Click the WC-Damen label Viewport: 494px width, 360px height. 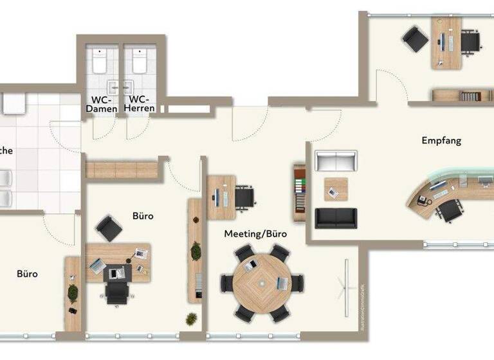(102, 105)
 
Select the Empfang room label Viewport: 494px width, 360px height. (441, 140)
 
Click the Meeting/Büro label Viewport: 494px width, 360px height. (255, 233)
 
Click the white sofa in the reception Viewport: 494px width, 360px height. (335, 161)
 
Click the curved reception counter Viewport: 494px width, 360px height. (438, 189)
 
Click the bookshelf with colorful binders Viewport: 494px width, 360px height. (300, 190)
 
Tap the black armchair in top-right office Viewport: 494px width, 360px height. (415, 39)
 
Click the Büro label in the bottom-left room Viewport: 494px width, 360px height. (27, 274)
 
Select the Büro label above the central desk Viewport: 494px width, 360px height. (143, 216)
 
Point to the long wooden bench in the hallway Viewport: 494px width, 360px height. (122, 170)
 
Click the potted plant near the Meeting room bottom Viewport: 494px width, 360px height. (191, 318)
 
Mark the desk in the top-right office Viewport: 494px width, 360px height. (446, 40)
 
